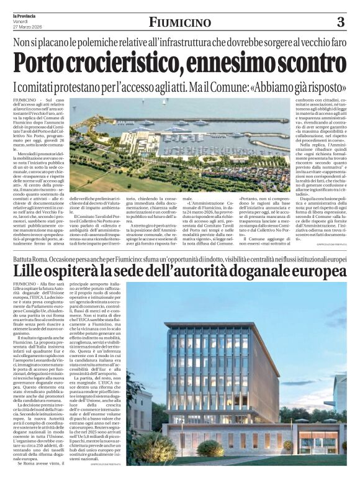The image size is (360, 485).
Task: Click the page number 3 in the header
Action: tap(340, 22)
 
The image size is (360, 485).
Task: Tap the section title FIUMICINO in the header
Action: tap(179, 23)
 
